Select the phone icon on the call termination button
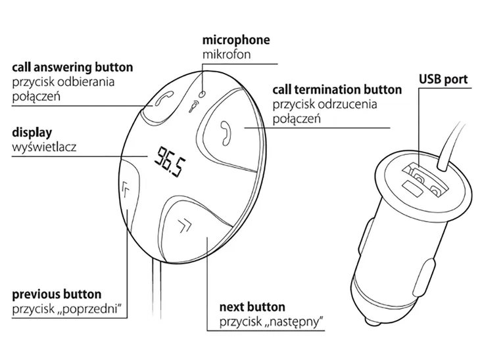click(225, 131)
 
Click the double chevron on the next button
click(185, 227)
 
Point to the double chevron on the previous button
click(127, 190)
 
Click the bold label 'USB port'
click(443, 79)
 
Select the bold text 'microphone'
click(236, 40)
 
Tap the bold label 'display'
click(32, 132)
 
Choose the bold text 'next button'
click(252, 307)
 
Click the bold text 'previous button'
click(57, 294)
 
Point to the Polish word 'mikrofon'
click(226, 54)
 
